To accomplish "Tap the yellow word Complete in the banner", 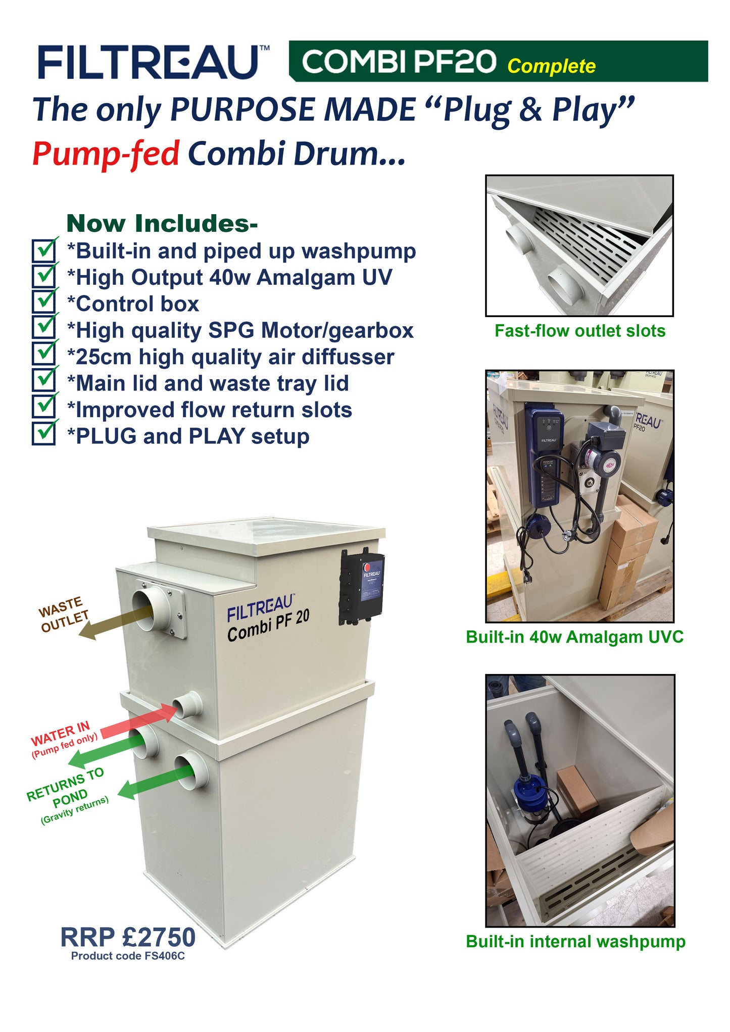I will pos(551,66).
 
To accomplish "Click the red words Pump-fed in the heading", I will pos(106,153).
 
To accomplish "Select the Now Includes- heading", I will pos(162,224).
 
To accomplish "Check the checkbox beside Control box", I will pos(43,302).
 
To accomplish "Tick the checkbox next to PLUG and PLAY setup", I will pos(43,434).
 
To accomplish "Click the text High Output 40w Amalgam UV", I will pos(229,277).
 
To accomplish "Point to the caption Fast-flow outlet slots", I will pos(579,331).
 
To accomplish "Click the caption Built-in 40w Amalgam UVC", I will pos(574,637).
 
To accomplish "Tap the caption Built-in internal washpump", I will pos(575,941).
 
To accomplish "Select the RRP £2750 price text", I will pos(128,937).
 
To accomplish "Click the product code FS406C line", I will pos(128,956).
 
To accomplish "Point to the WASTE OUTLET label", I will pos(63,615).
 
